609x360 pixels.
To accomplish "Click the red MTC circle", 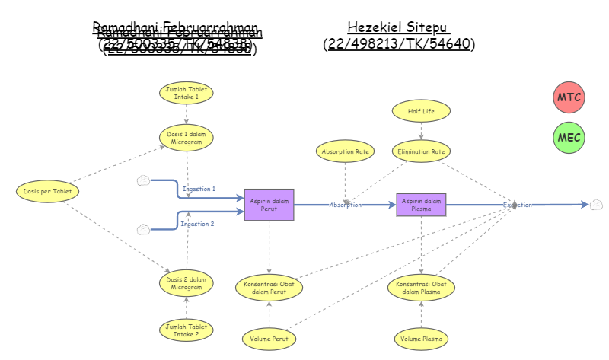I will (568, 97).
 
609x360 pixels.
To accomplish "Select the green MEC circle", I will (568, 138).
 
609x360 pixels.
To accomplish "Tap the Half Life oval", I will (421, 111).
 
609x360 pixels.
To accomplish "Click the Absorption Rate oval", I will (345, 151).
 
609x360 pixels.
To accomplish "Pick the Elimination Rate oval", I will (421, 151).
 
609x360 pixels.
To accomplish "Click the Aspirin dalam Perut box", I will (269, 205).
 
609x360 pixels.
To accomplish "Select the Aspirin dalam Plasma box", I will (421, 205).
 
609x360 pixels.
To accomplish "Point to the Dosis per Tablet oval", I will (47, 192).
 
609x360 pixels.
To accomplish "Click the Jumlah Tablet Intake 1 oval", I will (187, 94).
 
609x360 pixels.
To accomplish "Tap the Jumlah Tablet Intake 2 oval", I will (187, 330).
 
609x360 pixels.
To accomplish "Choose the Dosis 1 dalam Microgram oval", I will (187, 138).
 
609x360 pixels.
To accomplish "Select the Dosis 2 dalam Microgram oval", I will (187, 283).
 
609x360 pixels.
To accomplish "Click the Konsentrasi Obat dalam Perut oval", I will (269, 287).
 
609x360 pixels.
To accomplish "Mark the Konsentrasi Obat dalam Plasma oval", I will (421, 287).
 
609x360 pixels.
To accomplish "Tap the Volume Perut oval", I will (269, 337).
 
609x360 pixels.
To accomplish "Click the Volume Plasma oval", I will (421, 337).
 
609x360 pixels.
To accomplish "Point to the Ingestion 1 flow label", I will (199, 189).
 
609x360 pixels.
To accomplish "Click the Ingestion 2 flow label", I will (197, 224).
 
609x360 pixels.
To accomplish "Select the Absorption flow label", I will (345, 205).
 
